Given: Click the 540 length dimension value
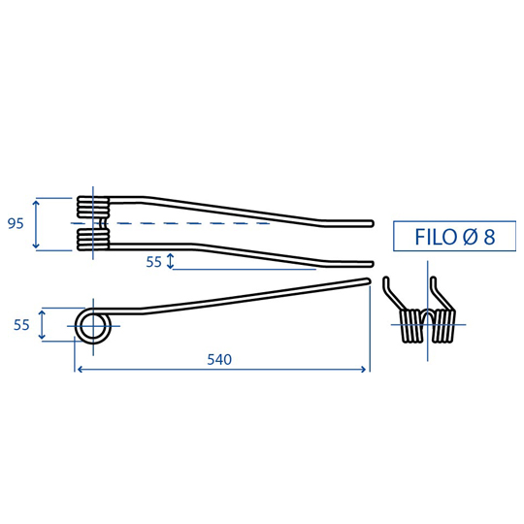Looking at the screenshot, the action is (219, 360).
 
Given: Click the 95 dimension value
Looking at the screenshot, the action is (16, 223).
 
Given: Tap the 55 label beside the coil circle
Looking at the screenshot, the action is (21, 325).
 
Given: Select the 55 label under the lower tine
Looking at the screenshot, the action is (153, 262).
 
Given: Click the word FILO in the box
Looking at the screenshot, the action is (437, 237).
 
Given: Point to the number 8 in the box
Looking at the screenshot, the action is (489, 237).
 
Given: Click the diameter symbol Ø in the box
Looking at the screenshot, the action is (471, 237).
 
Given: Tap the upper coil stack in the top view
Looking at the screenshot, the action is (93, 208).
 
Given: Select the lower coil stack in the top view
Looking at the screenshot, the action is (93, 240).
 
